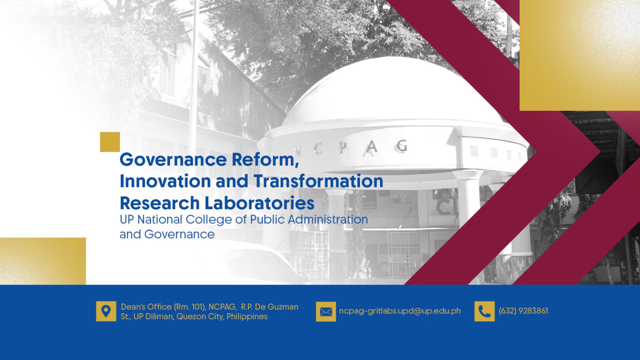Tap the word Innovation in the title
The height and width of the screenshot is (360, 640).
pyautogui.click(x=165, y=181)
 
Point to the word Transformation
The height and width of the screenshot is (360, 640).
pyautogui.click(x=318, y=181)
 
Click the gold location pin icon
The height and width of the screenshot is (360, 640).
pyautogui.click(x=106, y=311)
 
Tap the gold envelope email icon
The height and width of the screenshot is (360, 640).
pyautogui.click(x=326, y=312)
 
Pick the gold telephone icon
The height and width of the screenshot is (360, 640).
pyautogui.click(x=484, y=312)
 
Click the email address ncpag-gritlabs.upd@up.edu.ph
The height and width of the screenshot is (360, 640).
pyautogui.click(x=400, y=311)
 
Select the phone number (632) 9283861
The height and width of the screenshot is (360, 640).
pyautogui.click(x=523, y=311)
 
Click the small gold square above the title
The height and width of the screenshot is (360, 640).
pyautogui.click(x=110, y=142)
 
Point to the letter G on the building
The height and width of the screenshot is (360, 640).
pyautogui.click(x=402, y=146)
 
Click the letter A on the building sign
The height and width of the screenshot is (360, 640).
pyautogui.click(x=372, y=147)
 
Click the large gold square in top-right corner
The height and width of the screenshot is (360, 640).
pyautogui.click(x=579, y=55)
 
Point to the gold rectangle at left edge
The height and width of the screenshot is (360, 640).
pyautogui.click(x=43, y=261)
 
